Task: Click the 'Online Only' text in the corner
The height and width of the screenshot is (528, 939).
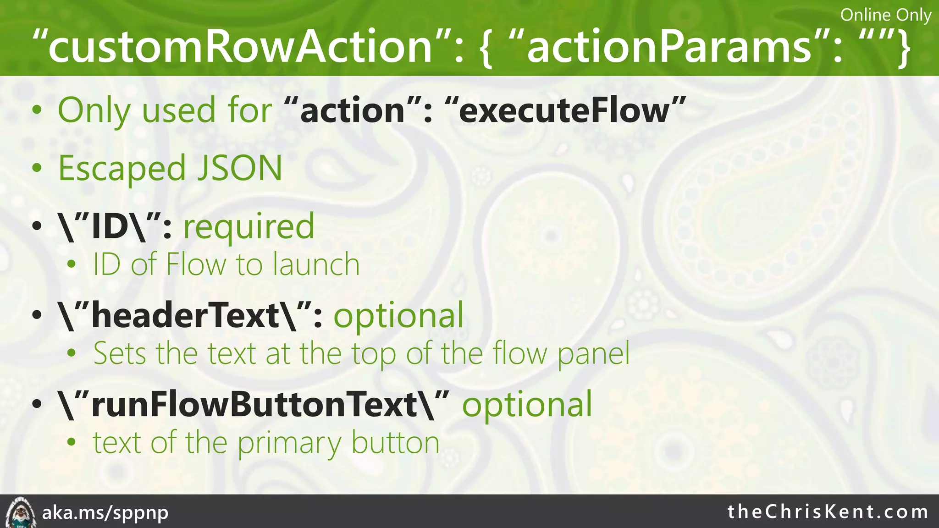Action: point(885,15)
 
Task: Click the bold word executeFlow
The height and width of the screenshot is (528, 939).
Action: point(564,111)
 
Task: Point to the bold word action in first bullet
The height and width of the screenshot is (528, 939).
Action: point(352,111)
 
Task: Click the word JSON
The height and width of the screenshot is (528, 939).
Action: point(239,168)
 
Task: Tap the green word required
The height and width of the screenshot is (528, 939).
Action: point(249,227)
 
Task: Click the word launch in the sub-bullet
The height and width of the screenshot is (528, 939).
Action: point(316,264)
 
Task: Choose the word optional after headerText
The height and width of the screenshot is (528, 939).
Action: point(398,316)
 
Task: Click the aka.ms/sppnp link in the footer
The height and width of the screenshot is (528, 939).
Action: point(105,512)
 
